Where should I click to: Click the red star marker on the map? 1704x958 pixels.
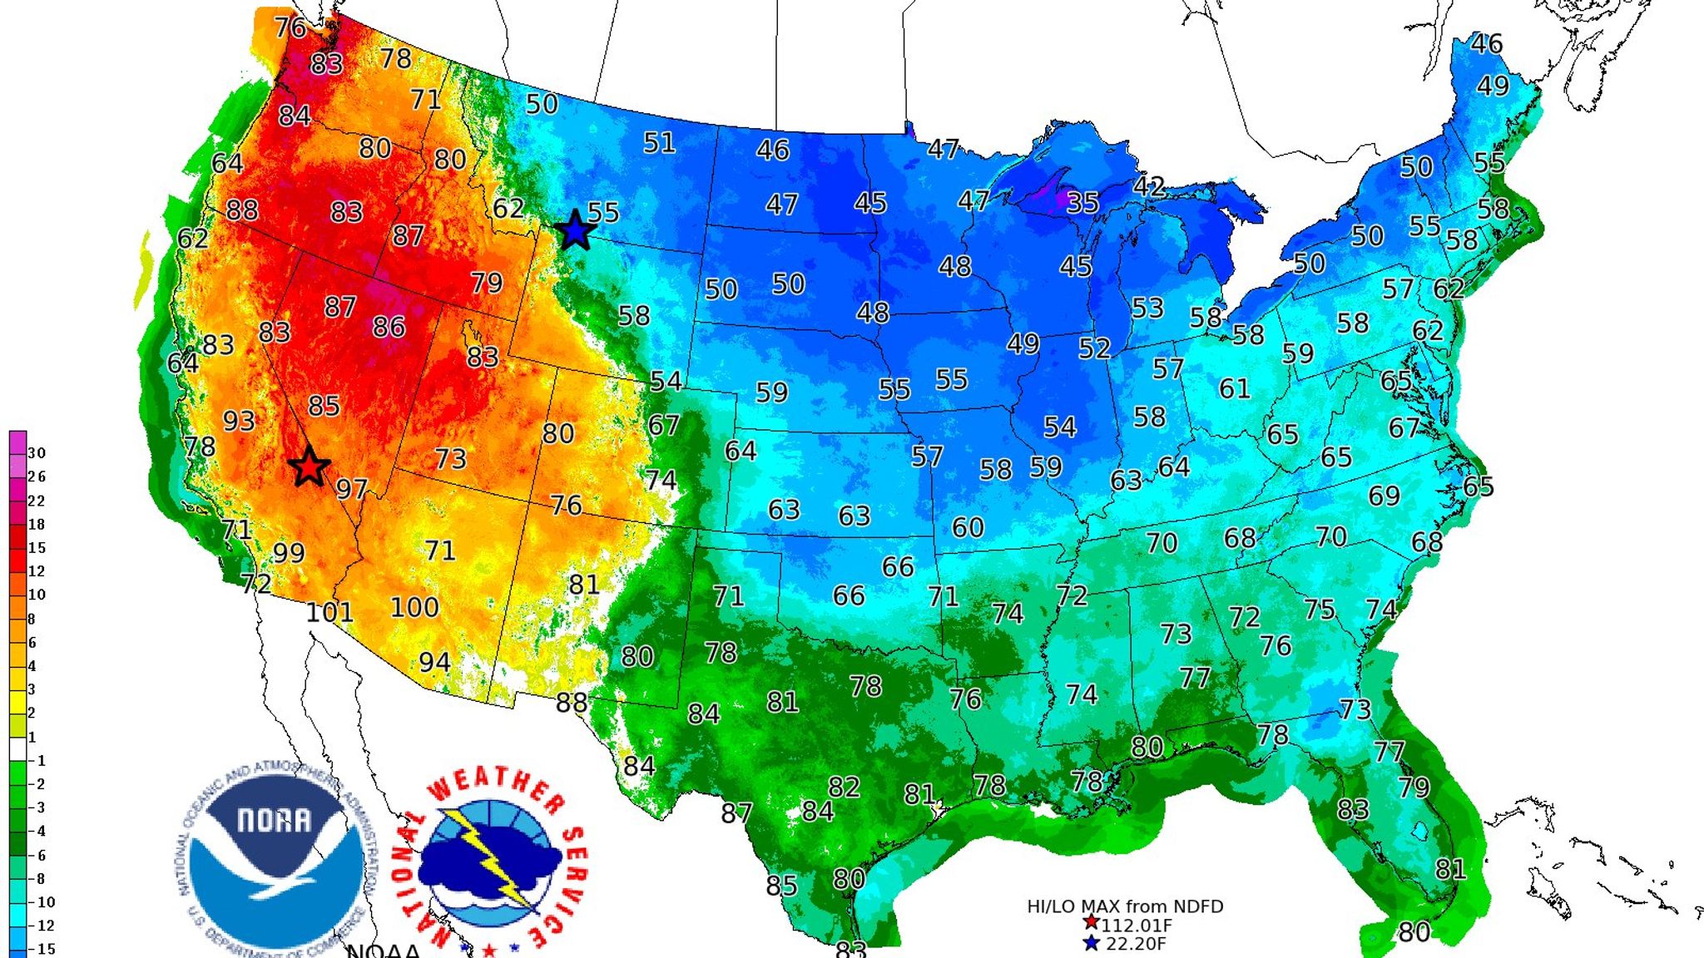309,467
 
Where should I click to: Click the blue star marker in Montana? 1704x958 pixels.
575,230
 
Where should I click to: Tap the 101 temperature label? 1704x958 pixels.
329,613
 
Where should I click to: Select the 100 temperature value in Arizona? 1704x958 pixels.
414,608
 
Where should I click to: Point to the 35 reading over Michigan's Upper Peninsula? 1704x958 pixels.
1082,202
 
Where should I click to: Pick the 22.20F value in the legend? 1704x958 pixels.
1135,944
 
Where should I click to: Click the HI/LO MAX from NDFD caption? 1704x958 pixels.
1125,906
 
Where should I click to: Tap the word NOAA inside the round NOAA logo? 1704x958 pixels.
275,821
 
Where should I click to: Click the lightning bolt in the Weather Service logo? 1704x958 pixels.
491,857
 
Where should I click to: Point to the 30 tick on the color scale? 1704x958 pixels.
37,453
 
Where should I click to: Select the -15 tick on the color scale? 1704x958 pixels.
42,949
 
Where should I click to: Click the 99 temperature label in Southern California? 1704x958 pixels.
289,553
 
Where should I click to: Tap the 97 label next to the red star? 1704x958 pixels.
352,489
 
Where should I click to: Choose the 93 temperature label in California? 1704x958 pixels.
239,421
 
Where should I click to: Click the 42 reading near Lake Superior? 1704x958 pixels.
1149,185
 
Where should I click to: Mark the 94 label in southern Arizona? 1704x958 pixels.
434,663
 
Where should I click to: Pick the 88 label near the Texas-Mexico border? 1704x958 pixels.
572,704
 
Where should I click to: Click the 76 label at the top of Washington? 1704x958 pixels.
290,27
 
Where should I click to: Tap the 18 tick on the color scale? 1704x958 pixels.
37,525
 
